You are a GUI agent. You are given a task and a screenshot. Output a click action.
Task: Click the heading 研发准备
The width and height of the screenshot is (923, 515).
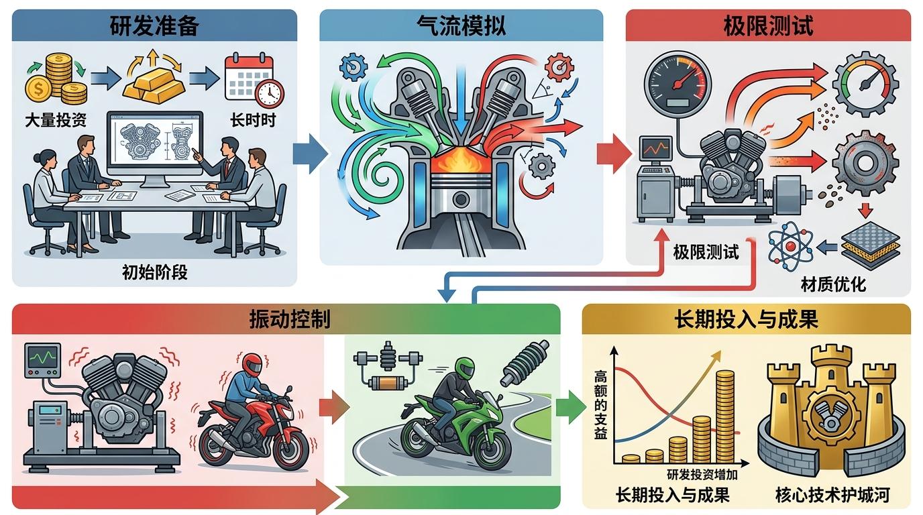[154, 26]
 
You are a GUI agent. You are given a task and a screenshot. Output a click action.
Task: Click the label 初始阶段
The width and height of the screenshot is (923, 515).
[154, 272]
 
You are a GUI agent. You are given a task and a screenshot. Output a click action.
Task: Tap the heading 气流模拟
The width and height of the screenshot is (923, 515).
[461, 26]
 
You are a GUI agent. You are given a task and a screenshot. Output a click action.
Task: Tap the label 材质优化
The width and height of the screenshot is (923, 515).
[833, 284]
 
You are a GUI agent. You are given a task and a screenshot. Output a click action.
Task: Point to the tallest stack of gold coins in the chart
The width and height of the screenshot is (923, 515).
[725, 416]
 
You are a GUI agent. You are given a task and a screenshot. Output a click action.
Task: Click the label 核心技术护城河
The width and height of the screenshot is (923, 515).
[832, 496]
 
